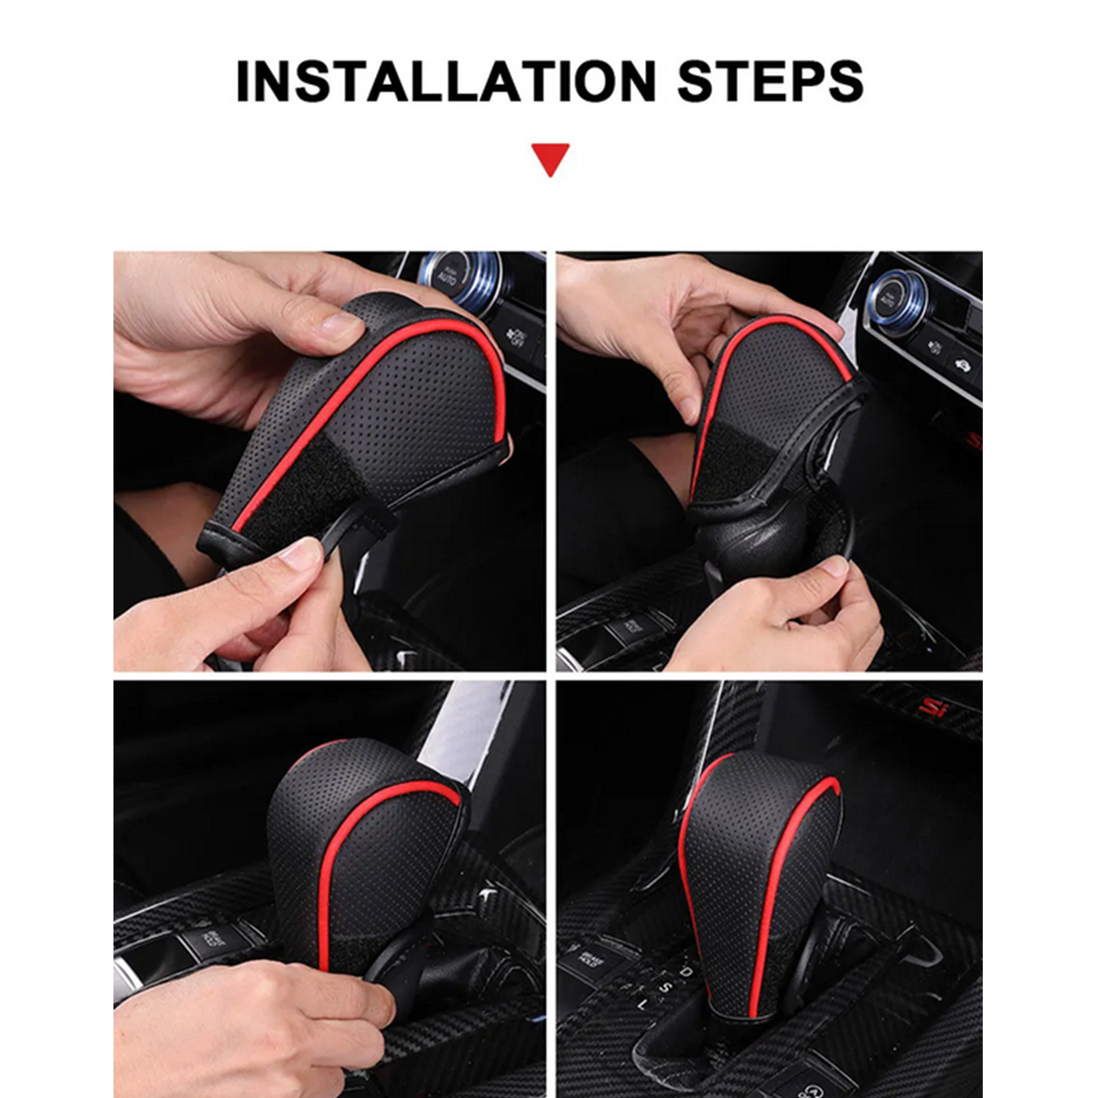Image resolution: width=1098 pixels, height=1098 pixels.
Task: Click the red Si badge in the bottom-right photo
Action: pos(931,706)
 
